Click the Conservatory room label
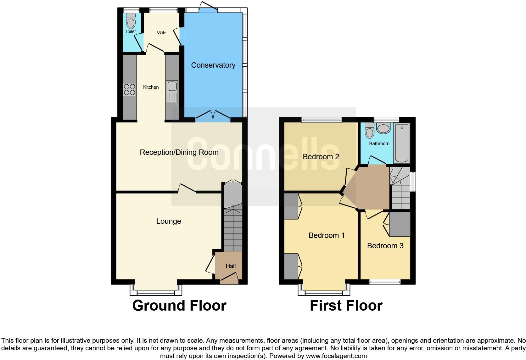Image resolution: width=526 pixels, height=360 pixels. coord(213,65)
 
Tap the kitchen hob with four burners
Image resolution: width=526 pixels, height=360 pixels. coord(129,89)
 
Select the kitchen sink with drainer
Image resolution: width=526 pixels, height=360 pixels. coord(172,92)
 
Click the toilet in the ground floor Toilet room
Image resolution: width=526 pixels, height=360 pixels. coord(131,21)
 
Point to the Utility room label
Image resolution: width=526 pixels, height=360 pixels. coord(161,32)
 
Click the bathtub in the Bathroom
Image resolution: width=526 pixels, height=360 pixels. coord(402,143)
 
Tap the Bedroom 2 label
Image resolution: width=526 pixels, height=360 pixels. coord(321,157)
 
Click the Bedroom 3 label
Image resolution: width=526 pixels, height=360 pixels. coord(385,246)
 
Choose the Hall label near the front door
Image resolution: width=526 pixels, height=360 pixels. coord(231,266)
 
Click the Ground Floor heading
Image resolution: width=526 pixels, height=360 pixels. coord(179,306)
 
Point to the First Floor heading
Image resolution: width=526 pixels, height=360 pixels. coord(346,306)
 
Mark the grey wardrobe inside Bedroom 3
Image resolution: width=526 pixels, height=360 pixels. coord(400,224)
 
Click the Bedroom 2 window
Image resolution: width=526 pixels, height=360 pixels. coord(321,119)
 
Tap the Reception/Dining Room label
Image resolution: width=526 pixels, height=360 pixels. coord(179,153)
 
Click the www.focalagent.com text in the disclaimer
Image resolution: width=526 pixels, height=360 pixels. coord(336,356)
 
